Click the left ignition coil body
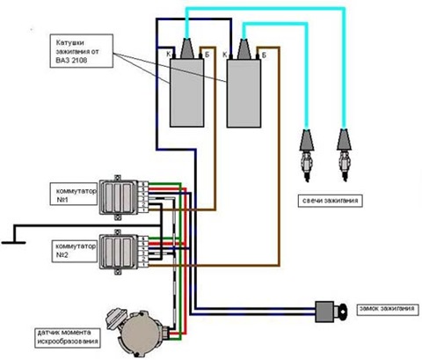pos(187,92)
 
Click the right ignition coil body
pos(244,93)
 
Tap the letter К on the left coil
pos(169,54)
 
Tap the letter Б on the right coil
pos(264,55)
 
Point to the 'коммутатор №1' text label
pos(76,195)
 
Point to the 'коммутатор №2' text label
pos(76,250)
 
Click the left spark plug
pos(307,155)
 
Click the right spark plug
pos(344,155)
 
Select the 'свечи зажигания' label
pos(330,201)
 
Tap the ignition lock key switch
pos(330,312)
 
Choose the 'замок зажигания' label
pos(387,309)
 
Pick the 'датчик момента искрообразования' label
pos(68,337)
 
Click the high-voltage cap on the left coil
pos(187,48)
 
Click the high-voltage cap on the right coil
pos(244,49)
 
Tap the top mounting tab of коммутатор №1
pos(118,178)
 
